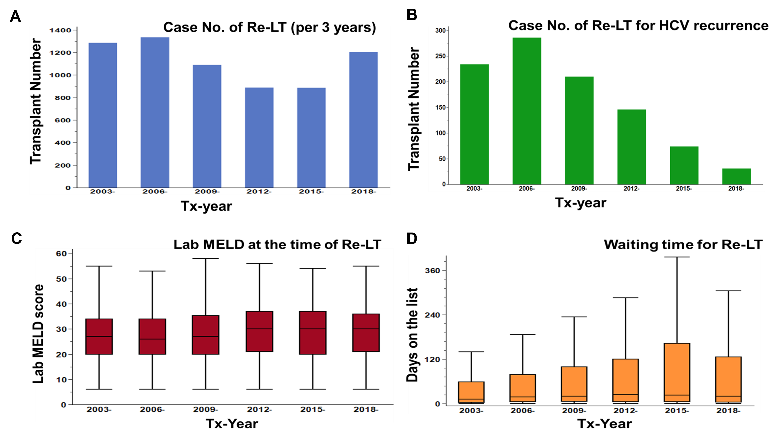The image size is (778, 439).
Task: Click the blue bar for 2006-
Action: point(155,112)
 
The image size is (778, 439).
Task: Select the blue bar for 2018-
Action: point(363,120)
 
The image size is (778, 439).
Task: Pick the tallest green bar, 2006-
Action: point(527,111)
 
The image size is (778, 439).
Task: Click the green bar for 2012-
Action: point(632,147)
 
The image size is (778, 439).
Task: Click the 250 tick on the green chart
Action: point(440,56)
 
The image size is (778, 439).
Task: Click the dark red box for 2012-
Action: point(259,331)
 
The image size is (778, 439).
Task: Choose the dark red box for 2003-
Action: point(99,336)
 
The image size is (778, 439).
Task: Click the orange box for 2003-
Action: point(471,392)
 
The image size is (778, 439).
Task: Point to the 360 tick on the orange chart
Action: point(432,271)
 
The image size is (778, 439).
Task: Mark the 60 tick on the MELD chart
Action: point(61,254)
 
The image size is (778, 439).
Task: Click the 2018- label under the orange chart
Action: point(728,411)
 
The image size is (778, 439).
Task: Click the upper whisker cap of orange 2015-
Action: point(677,257)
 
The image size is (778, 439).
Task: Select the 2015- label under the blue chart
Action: point(311,192)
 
